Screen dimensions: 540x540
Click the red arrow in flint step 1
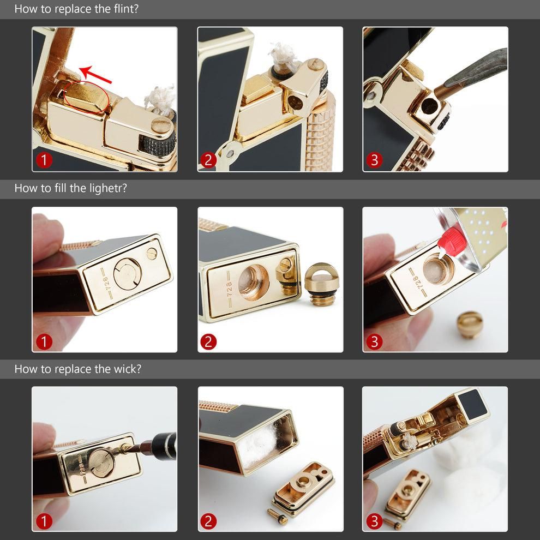point(96,75)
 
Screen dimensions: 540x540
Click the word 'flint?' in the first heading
point(126,9)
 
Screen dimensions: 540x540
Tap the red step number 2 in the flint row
point(208,160)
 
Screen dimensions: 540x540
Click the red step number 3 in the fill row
point(374,341)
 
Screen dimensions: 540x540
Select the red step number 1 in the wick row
point(44,521)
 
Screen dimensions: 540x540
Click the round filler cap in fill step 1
point(128,274)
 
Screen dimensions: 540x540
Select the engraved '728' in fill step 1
point(107,283)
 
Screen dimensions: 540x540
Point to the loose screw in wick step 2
point(278,516)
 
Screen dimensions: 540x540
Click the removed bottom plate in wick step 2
point(304,489)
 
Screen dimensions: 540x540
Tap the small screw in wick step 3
point(392,524)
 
